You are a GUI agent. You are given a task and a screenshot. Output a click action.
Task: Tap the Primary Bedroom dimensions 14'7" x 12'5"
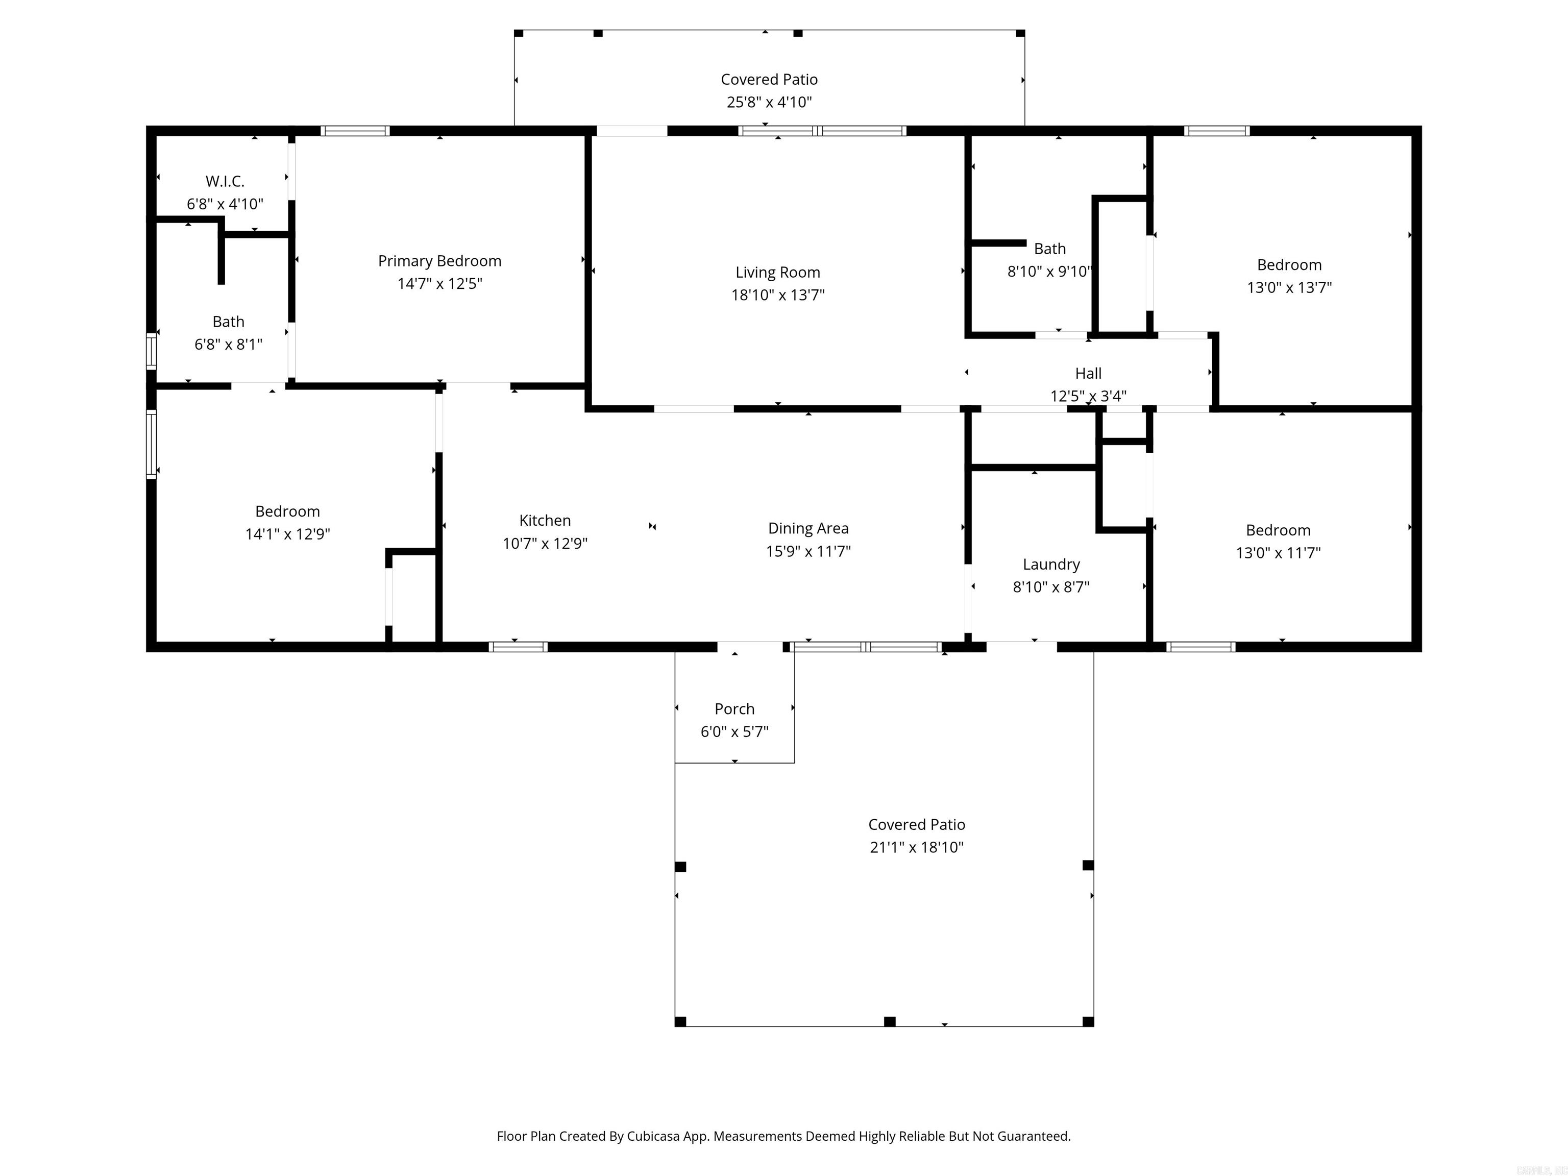[439, 284]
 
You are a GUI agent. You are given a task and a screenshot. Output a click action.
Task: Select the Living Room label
[778, 272]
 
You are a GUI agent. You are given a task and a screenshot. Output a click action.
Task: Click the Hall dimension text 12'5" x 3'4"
[1088, 396]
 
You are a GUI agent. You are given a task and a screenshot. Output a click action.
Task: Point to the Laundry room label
[1051, 564]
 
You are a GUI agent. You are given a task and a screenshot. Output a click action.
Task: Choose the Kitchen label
[545, 520]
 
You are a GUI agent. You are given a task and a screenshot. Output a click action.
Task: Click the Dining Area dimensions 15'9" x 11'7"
[808, 551]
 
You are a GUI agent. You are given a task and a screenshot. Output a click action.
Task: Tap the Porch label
[734, 709]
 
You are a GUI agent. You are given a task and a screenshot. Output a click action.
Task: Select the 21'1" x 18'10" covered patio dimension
[917, 847]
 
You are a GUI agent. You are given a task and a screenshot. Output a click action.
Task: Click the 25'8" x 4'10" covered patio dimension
[769, 102]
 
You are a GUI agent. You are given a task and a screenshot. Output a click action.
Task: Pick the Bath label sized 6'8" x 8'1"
[228, 322]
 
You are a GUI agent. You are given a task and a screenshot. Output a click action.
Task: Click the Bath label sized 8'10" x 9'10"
[1050, 249]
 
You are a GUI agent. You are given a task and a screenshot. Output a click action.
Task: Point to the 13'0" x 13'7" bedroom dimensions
[1289, 287]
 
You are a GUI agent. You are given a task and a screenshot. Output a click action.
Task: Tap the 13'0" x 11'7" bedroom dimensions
[1278, 553]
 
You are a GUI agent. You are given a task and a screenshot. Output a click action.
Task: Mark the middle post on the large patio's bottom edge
[890, 1021]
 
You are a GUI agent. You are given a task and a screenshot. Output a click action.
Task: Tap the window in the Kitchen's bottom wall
[518, 647]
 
